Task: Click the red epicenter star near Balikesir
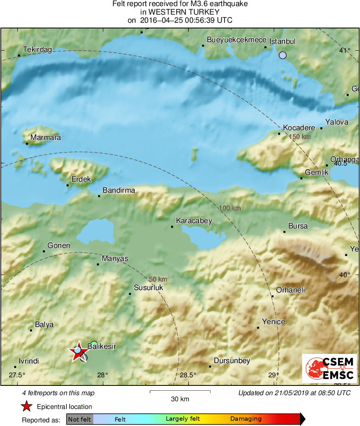pos(77,352)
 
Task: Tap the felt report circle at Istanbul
pos(283,55)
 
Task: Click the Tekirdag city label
pos(37,49)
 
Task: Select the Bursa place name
pos(298,226)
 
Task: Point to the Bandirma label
pos(119,190)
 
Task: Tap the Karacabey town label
pos(193,221)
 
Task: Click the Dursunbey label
pos(231,360)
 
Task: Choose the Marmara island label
pos(45,138)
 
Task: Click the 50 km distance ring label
pos(158,279)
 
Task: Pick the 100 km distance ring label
pos(230,208)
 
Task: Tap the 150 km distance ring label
pos(300,137)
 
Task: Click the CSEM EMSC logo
pos(330,368)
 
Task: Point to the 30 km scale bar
pos(180,392)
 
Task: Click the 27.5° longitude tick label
pos(17,374)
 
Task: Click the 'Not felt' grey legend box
pos(79,419)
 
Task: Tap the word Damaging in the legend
pos(246,419)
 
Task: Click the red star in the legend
pos(27,406)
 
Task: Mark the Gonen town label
pos(59,245)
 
